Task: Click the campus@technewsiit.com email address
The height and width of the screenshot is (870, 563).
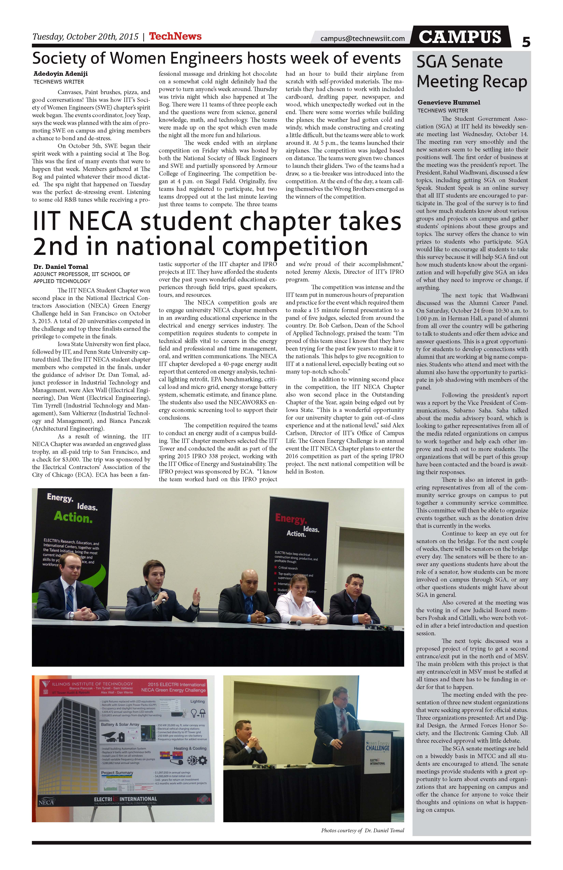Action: coord(362,38)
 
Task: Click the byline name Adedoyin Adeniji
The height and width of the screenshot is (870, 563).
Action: coord(61,74)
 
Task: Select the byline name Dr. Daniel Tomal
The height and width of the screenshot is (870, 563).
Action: coord(61,266)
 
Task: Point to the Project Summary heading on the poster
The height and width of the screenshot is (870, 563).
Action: coord(117,773)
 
